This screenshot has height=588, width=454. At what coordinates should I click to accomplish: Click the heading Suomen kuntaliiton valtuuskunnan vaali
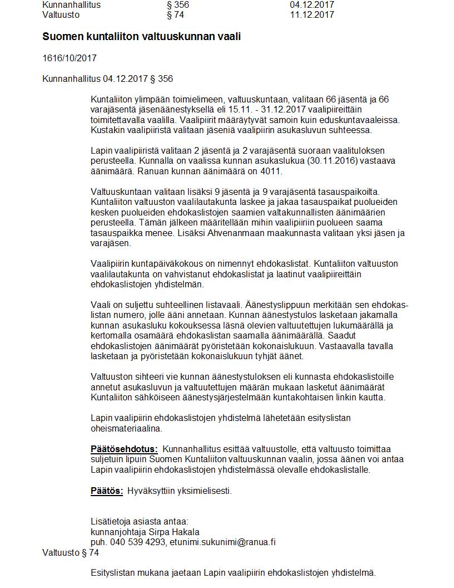coord(141,37)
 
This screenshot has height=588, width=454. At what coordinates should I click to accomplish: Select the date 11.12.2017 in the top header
coord(312,15)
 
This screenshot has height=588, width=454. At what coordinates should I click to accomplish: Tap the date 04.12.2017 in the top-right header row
coord(312,5)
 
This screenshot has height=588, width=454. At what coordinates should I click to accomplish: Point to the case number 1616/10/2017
coord(70,58)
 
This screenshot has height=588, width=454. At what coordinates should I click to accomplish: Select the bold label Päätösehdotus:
coord(124,449)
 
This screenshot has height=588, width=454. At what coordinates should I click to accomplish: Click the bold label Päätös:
coord(107,491)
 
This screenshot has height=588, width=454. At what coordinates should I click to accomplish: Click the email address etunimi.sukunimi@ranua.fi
coord(223,542)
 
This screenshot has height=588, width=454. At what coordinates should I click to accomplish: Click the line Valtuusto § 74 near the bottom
coord(70,552)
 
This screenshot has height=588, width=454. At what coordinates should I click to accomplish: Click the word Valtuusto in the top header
coord(61,15)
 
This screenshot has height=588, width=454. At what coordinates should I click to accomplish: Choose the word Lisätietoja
coord(112,522)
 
